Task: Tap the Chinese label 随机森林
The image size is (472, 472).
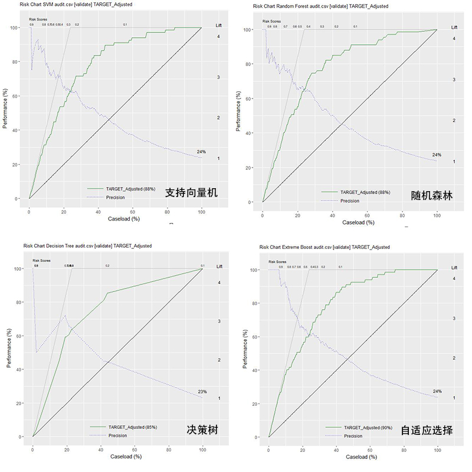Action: tap(432, 195)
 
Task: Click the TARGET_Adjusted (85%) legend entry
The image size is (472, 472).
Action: tap(133, 427)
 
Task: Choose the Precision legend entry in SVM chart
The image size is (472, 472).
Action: tap(116, 197)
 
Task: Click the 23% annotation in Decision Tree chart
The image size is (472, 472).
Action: tap(202, 392)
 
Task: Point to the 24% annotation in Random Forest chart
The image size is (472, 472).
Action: tap(437, 155)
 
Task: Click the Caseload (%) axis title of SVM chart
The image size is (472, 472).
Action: tap(123, 219)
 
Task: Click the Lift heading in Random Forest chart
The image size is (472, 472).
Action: tap(454, 27)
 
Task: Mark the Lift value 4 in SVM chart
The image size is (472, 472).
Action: tap(218, 37)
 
